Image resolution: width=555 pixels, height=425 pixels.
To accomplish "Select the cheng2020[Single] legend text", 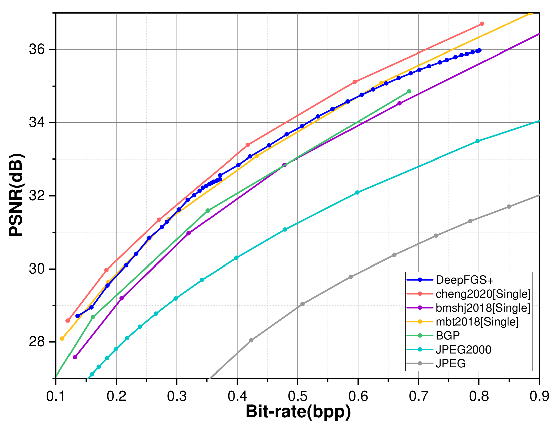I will pyautogui.click(x=483, y=294).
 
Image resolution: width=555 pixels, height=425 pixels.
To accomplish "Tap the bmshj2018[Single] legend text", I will pyautogui.click(x=483, y=308).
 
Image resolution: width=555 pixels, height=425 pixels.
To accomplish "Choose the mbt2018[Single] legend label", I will pyautogui.click(x=477, y=322).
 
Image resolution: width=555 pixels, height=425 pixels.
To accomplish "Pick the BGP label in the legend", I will pyautogui.click(x=448, y=335).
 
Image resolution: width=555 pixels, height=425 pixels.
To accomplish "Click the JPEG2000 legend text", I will pyautogui.click(x=463, y=350).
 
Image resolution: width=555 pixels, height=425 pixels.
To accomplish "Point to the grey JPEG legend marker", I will pyautogui.click(x=420, y=363).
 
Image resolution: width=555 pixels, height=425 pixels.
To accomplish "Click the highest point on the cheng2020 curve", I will pyautogui.click(x=482, y=24).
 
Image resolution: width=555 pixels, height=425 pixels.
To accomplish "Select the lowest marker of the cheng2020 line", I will pyautogui.click(x=68, y=321).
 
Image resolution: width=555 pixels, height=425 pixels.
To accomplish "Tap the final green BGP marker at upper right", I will pyautogui.click(x=409, y=91).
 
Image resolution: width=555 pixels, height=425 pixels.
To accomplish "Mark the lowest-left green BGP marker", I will pyautogui.click(x=93, y=317).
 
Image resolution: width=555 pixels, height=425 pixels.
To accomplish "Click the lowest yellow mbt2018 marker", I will pyautogui.click(x=62, y=339).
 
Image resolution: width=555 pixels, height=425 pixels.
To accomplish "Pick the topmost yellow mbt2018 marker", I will pyautogui.click(x=530, y=13).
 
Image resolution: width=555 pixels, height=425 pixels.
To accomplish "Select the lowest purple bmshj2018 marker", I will pyautogui.click(x=75, y=357).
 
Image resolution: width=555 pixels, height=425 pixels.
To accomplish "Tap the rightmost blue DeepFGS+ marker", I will pyautogui.click(x=479, y=50).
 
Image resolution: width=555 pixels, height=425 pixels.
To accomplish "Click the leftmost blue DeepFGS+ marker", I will pyautogui.click(x=78, y=316).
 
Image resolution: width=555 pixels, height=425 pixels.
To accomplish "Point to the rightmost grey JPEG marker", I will pyautogui.click(x=509, y=207).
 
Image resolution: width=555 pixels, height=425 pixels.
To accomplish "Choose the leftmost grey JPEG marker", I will pyautogui.click(x=251, y=340).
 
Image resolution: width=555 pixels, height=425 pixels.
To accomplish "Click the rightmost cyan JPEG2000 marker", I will pyautogui.click(x=477, y=141).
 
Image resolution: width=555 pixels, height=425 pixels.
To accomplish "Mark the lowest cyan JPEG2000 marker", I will pyautogui.click(x=92, y=374).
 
